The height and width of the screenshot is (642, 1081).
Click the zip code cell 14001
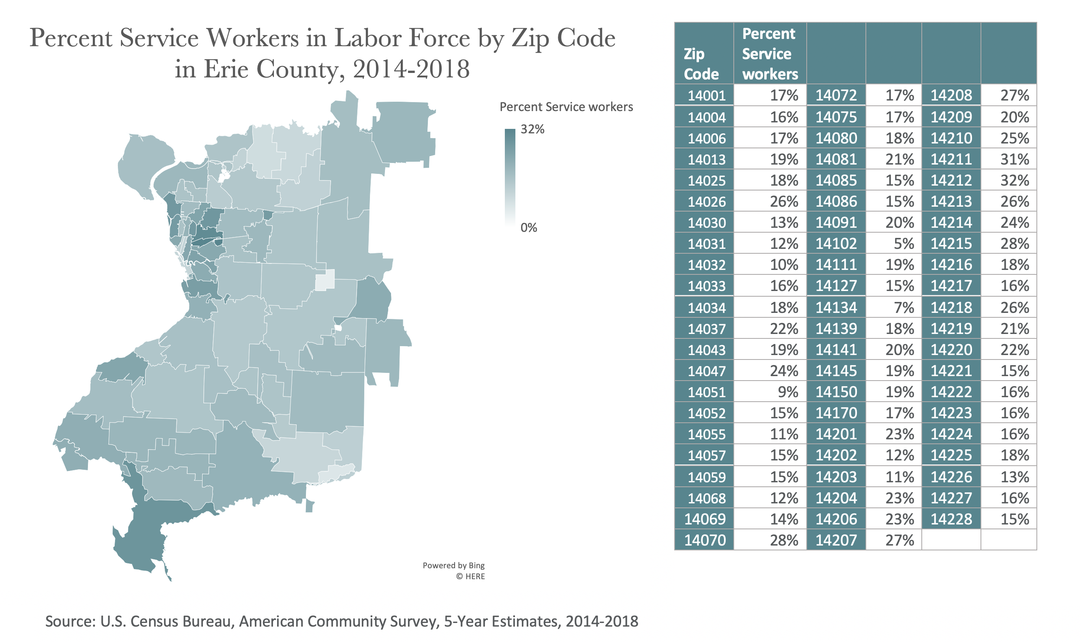(x=706, y=95)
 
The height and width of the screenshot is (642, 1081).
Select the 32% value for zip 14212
(x=1015, y=180)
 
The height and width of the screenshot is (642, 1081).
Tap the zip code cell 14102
(x=836, y=244)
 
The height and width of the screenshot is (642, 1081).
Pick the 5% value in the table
(x=903, y=244)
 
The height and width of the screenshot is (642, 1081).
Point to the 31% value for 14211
(x=1015, y=159)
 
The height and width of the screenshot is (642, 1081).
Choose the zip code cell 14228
(x=951, y=519)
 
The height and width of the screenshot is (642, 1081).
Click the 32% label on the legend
(x=532, y=129)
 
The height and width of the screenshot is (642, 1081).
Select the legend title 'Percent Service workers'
(x=566, y=107)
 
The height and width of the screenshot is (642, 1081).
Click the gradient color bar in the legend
(x=510, y=178)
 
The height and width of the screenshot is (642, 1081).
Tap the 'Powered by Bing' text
(x=453, y=565)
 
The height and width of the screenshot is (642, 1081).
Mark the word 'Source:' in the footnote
(x=70, y=621)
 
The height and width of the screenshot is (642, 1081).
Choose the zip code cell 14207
(x=836, y=540)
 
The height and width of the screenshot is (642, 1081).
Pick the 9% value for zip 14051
(x=787, y=392)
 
